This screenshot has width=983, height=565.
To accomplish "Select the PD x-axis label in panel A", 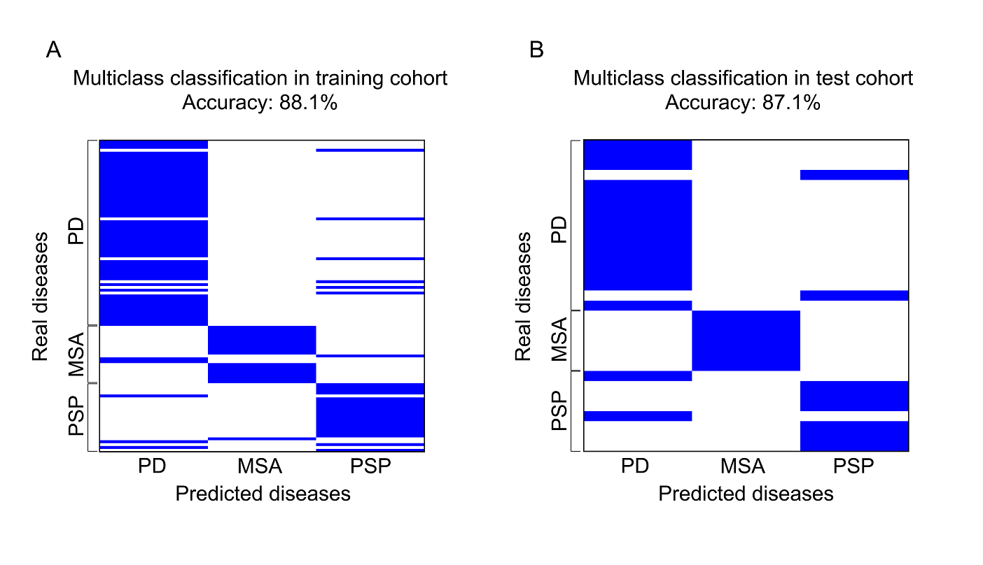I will coord(152,466).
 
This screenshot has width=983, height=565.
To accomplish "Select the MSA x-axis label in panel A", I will coord(261,466).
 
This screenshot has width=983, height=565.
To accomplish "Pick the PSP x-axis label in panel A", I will coord(370,466).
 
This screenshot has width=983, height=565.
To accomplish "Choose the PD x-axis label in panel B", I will coord(636,466).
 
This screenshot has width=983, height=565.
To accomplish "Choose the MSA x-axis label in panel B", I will coord(745,466).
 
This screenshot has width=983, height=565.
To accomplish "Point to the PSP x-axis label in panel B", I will coord(854,466).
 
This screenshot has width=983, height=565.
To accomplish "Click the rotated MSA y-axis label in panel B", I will coord(559,341).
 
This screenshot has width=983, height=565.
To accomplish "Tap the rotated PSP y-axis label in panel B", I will coord(559,412).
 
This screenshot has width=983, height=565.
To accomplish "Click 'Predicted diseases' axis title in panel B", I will coord(746,494).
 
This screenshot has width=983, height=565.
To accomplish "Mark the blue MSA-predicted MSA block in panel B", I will coord(745,341).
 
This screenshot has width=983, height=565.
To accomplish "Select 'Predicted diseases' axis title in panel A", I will coord(263,494).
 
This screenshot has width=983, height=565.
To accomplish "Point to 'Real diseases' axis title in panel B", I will coord(523,296).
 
